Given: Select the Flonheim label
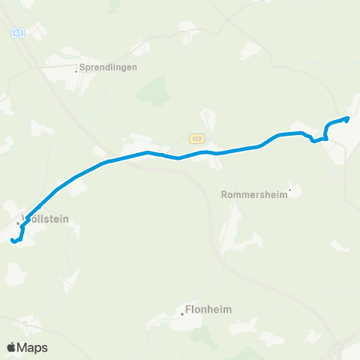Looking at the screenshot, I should point(208,309).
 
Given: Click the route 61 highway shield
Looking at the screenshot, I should point(19,33).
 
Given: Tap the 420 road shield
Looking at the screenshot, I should point(196,139).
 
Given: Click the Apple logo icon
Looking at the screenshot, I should point(12,347).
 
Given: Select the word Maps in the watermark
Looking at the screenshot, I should point(34,347).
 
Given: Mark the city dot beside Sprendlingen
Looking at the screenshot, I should point(76,72).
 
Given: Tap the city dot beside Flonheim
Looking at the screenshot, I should point(181,315).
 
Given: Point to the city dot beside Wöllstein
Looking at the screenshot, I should point(19,223).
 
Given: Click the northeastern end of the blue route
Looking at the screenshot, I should point(347,118).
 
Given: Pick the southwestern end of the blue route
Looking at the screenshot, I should point(13,240).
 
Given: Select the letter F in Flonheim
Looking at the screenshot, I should point(188,309).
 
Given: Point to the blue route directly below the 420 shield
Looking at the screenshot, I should point(196,153).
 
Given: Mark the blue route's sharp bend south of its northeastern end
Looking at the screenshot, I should point(325,138).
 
